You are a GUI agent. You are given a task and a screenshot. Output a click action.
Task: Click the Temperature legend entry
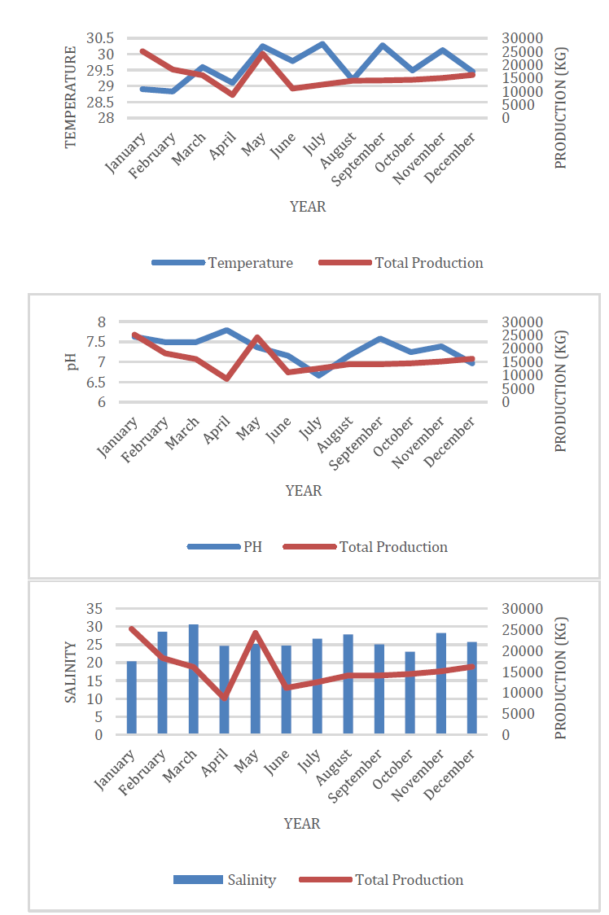(222, 263)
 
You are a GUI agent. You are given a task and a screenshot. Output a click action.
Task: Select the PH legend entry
(225, 547)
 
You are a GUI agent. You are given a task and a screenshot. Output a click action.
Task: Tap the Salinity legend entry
(225, 879)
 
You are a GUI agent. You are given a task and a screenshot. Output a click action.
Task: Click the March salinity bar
(193, 679)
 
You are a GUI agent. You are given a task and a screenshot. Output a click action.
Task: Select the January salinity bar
(131, 698)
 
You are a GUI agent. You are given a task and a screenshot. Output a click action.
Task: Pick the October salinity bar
(410, 693)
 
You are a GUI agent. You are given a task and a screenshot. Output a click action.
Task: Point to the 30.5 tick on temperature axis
(100, 38)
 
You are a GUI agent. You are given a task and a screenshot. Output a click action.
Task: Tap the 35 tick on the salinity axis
(94, 609)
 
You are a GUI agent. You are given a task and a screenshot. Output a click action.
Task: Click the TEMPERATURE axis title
(71, 97)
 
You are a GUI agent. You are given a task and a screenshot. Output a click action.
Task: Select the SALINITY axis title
(71, 672)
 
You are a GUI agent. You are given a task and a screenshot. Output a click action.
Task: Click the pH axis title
(71, 361)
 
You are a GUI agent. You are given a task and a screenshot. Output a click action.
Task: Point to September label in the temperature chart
(358, 159)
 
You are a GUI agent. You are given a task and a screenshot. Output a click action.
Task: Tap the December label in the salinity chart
(449, 774)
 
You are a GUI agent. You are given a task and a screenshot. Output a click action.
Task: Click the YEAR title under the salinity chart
(302, 823)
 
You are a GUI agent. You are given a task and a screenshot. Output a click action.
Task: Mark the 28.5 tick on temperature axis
(100, 102)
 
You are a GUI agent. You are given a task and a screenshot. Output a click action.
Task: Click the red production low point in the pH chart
(227, 379)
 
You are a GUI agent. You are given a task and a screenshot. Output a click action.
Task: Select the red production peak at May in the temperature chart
(262, 54)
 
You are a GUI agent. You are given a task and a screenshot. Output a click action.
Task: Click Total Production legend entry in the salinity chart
(381, 879)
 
